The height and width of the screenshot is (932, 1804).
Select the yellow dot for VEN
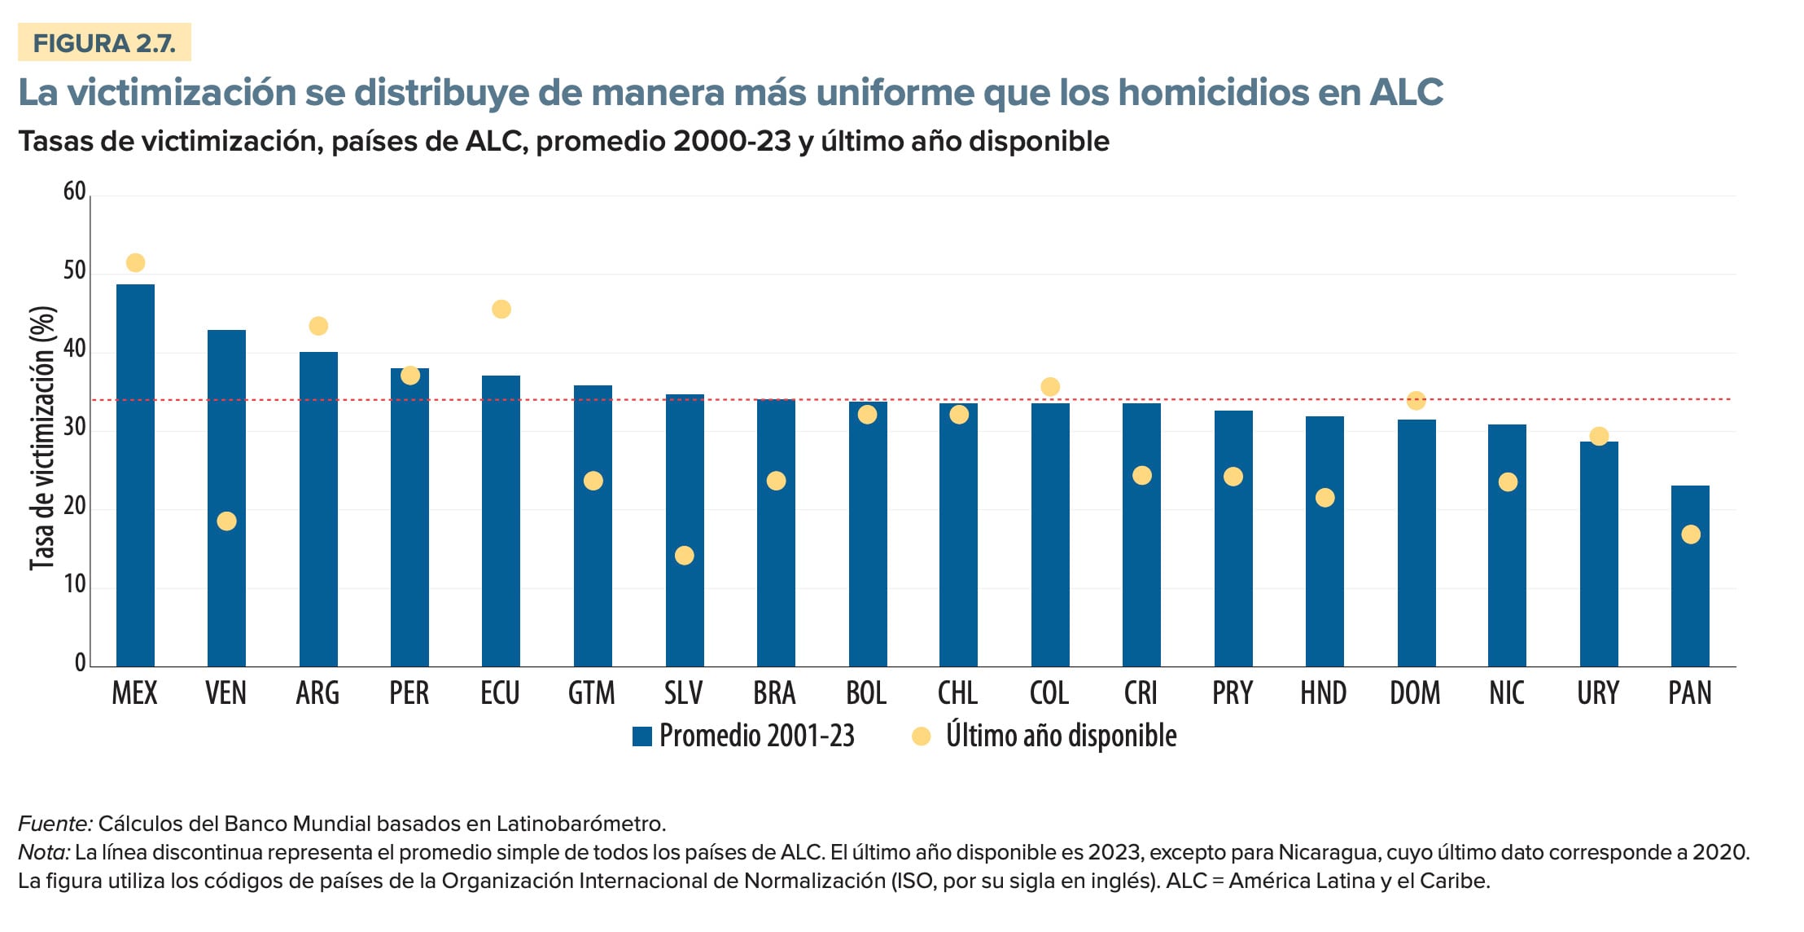tap(226, 521)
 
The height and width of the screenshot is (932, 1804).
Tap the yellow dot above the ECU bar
tap(501, 310)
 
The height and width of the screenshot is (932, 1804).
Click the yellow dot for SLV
tap(685, 556)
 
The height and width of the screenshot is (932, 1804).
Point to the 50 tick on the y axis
tap(74, 270)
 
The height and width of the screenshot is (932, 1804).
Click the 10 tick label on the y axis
tap(74, 584)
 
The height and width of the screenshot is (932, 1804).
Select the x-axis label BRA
tap(774, 693)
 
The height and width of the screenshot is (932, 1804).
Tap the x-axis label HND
tap(1323, 693)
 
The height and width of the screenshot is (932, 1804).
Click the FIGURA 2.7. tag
tap(104, 43)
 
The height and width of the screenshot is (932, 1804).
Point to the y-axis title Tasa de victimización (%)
tap(42, 438)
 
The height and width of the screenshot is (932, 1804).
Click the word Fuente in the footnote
tap(55, 824)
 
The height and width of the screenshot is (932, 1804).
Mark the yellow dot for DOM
tap(1416, 401)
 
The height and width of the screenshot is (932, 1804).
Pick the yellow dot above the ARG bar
tap(318, 327)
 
